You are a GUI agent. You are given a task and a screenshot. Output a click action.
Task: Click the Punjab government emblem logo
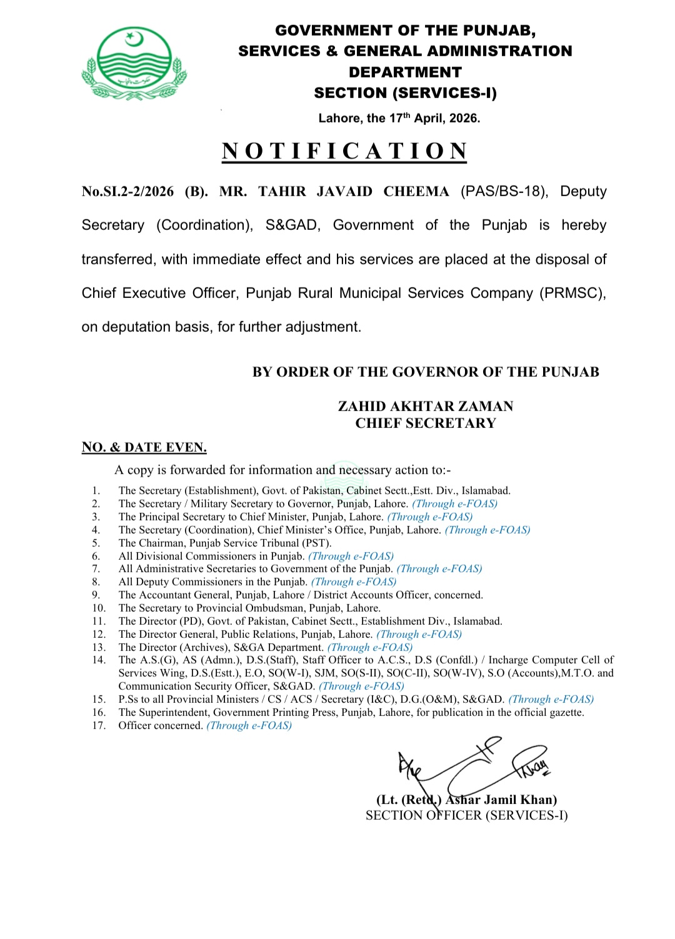tap(134, 64)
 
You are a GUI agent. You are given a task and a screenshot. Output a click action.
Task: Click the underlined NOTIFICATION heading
tap(344, 151)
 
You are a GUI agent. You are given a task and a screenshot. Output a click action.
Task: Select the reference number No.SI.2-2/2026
tap(127, 192)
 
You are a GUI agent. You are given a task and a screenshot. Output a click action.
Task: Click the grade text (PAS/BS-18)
tap(504, 192)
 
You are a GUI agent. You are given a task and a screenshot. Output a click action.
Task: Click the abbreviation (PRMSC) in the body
tap(572, 293)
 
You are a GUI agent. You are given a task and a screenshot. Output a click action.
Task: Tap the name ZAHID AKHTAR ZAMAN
tap(426, 406)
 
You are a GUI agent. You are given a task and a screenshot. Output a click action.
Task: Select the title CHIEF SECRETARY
tap(426, 423)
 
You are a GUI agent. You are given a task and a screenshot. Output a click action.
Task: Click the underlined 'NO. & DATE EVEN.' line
tap(144, 447)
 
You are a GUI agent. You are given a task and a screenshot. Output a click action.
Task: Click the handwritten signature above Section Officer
tap(472, 766)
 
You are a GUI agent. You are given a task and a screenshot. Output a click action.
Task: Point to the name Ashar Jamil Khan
tap(501, 800)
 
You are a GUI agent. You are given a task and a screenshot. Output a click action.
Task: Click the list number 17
tap(99, 725)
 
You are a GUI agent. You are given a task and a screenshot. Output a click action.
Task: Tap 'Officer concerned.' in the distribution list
tap(161, 725)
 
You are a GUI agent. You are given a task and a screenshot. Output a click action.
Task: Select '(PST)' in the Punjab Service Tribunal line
tap(317, 543)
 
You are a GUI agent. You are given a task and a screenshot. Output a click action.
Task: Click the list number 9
tap(96, 595)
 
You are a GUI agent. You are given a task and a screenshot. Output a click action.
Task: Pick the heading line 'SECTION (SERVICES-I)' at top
tap(405, 93)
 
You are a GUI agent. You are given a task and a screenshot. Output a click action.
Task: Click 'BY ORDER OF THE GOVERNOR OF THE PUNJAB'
tap(426, 372)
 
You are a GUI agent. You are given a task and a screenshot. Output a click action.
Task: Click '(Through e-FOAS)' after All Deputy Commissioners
tap(354, 582)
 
